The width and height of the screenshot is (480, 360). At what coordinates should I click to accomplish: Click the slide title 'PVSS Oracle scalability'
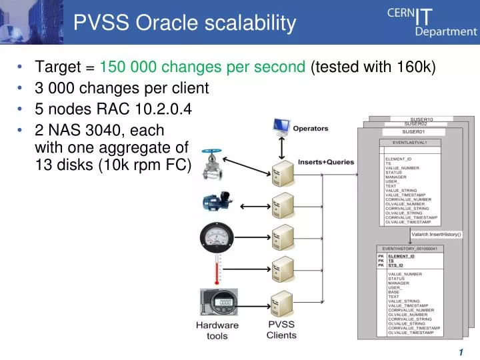tap(184, 23)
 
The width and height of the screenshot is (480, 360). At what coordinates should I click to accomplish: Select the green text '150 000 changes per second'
tap(203, 67)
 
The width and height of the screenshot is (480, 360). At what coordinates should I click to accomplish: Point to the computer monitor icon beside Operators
tap(281, 127)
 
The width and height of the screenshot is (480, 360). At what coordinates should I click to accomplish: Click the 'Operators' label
tap(311, 128)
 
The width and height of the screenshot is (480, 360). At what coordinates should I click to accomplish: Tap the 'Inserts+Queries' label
tap(326, 161)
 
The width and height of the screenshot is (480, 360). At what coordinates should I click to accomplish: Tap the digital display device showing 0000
tap(219, 305)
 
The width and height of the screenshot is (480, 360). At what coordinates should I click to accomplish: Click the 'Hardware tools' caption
tap(217, 331)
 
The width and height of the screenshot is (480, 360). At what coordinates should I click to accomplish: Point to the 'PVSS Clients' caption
tap(281, 329)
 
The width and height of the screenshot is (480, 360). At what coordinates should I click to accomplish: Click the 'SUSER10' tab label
tap(421, 119)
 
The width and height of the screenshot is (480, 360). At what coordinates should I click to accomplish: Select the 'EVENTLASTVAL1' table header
tap(409, 143)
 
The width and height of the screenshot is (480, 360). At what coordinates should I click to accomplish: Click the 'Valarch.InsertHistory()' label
tap(436, 234)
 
